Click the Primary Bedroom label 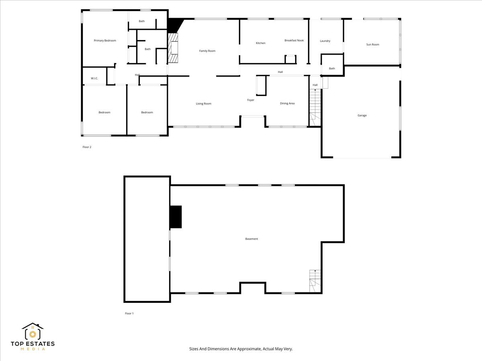point(105,41)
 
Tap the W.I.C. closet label point(94,78)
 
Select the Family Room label point(207,51)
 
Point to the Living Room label point(204,104)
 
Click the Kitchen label point(261,43)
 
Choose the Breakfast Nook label point(294,41)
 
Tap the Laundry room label point(325,41)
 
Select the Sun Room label point(372,45)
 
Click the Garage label point(362,116)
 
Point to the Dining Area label point(287,103)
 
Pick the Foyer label point(251,100)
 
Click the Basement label point(251,239)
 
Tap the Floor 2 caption point(87,147)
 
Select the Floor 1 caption point(129,313)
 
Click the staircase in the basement point(315,281)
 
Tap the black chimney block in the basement point(176,217)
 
